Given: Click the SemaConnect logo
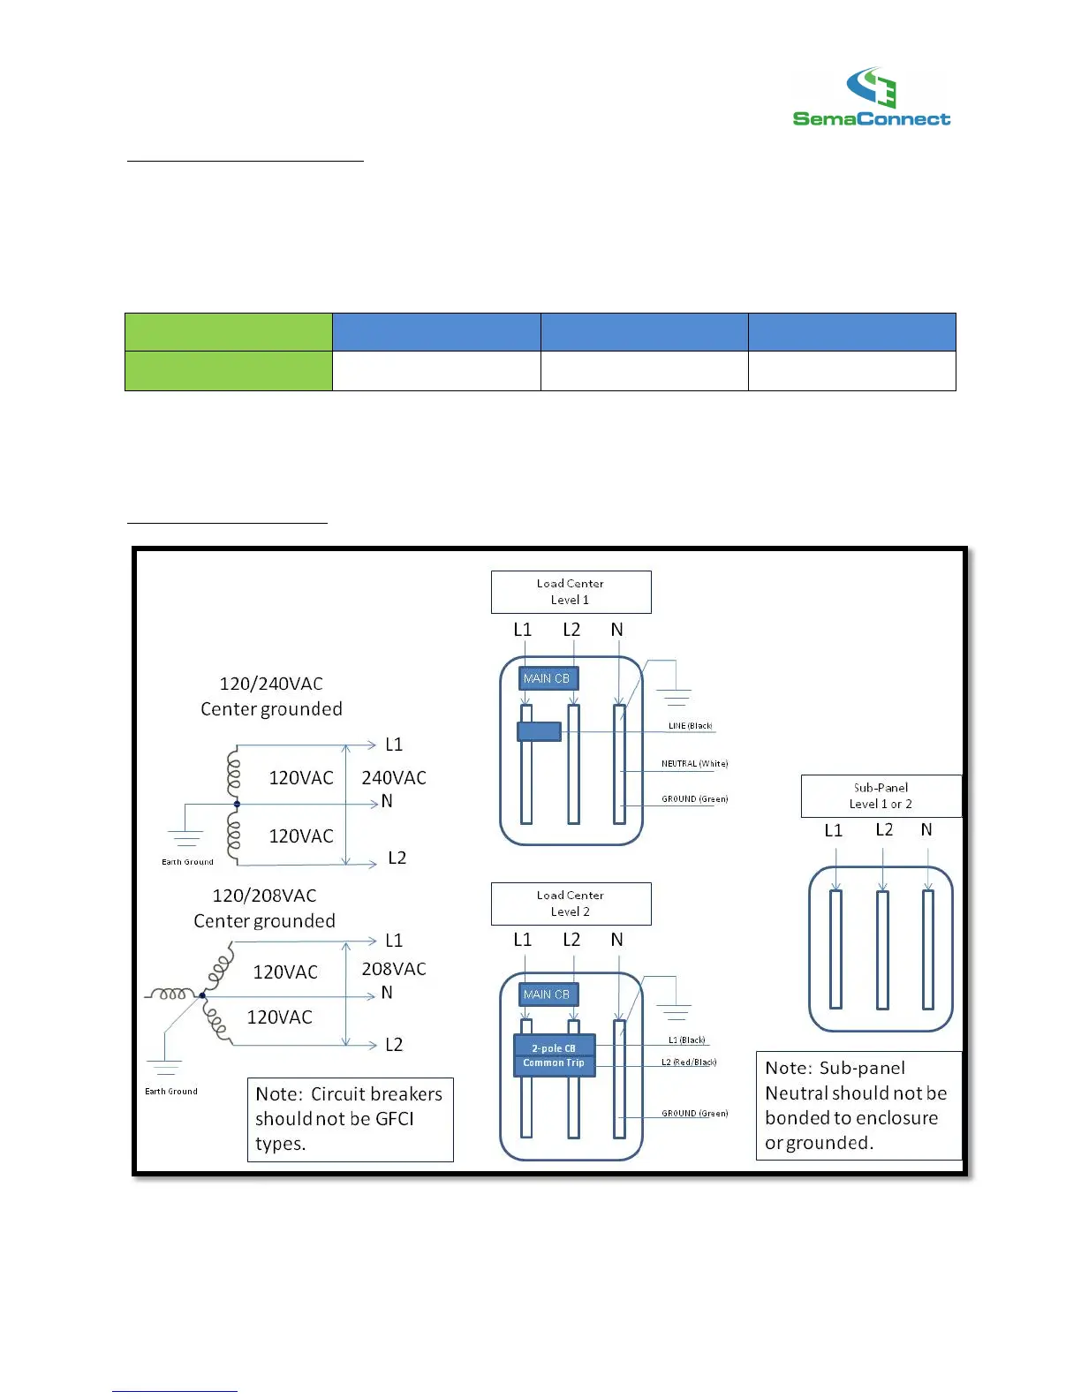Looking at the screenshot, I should (871, 98).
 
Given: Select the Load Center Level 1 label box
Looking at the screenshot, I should (571, 592).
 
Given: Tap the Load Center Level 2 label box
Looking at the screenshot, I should (571, 904).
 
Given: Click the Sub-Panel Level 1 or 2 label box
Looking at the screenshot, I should (881, 796).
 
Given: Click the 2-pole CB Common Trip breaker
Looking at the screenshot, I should (555, 1055).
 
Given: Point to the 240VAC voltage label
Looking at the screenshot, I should (394, 778).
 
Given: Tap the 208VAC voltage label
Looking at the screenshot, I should (394, 969).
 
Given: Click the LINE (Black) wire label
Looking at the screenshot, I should (690, 726).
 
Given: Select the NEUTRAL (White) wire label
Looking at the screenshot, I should (695, 764).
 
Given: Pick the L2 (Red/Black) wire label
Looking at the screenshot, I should (689, 1062).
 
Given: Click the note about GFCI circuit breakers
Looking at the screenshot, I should (350, 1119).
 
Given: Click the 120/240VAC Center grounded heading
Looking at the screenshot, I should (271, 696).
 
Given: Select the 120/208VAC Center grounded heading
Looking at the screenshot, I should (265, 908).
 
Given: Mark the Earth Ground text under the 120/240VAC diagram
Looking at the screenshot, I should (187, 862).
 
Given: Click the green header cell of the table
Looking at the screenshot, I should (228, 332).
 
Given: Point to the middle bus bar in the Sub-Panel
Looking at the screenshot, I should (882, 949).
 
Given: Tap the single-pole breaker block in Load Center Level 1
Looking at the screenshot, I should (539, 731).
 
